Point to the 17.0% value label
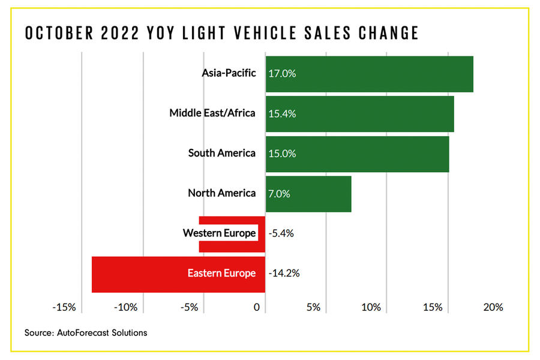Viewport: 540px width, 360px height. [283, 74]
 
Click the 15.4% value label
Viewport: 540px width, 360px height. [283, 113]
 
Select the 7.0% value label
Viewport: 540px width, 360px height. [280, 194]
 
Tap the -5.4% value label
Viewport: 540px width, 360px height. [281, 233]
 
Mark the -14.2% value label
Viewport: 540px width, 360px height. [284, 274]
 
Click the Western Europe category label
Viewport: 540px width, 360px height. [220, 233]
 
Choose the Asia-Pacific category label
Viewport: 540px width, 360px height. [229, 73]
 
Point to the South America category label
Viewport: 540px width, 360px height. [221, 153]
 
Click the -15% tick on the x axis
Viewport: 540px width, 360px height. [64, 307]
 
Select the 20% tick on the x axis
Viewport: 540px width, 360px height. [493, 307]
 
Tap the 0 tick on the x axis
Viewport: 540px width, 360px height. [257, 307]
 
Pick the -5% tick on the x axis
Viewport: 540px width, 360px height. [190, 307]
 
